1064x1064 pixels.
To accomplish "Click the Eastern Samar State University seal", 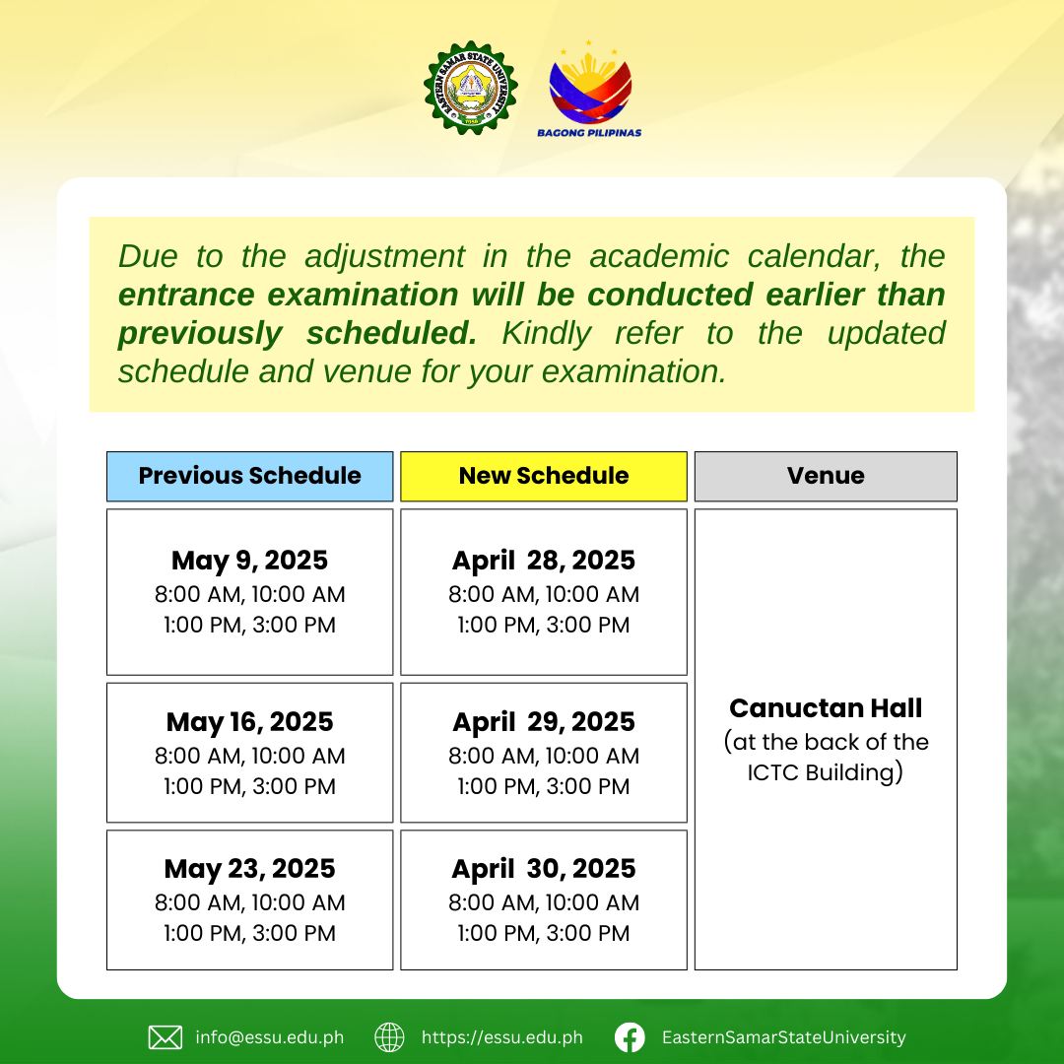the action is pos(470,88).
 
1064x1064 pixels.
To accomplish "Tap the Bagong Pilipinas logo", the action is pos(589,89).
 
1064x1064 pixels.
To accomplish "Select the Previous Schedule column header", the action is pos(249,476).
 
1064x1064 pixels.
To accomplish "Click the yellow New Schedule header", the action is pos(544,476).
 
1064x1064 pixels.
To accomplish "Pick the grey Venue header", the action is pos(826,476).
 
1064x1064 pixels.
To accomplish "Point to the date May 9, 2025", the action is pos(249,561).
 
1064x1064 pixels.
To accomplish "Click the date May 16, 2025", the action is pos(249,722).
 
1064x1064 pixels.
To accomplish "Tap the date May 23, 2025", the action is pos(249,869).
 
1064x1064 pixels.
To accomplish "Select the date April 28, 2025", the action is pos(544,561).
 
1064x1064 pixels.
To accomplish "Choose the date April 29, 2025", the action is pos(544,722).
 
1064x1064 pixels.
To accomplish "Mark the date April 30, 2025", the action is pos(544,869).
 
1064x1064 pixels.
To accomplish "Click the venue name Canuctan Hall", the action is pos(826,708).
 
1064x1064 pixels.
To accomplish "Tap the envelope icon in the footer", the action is pos(165,1037).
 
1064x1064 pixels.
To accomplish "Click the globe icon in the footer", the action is pos(389,1037).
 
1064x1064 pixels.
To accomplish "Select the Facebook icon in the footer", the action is pos(630,1037).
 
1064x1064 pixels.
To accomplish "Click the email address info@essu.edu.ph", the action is pos(269,1037).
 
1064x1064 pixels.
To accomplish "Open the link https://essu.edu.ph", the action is pos(502,1037).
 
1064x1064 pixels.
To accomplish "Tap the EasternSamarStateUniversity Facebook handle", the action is pos(784,1037).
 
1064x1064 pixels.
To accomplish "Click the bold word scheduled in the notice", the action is pos(392,333).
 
